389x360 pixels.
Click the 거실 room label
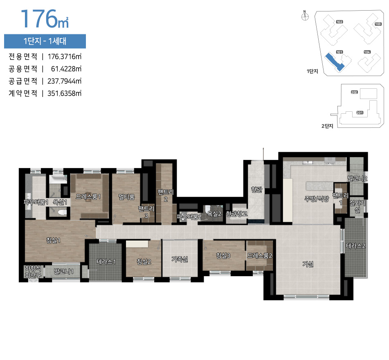tap(308, 265)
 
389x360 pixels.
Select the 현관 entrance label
tap(256, 189)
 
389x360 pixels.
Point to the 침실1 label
tap(54, 240)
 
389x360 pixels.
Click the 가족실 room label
tap(180, 259)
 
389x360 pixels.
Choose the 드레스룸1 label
tap(88, 196)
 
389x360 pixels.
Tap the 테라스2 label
tap(355, 246)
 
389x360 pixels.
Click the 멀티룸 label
tap(127, 197)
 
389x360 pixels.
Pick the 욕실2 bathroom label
tap(214, 214)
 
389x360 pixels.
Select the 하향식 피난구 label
tap(33, 272)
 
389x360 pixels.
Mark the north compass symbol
tap(304, 17)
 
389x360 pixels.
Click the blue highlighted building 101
tap(336, 63)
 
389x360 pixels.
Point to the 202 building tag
tap(354, 92)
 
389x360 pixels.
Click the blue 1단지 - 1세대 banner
tap(45, 41)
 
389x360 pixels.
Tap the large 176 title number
tap(39, 18)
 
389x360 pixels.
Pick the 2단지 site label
tap(327, 126)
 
